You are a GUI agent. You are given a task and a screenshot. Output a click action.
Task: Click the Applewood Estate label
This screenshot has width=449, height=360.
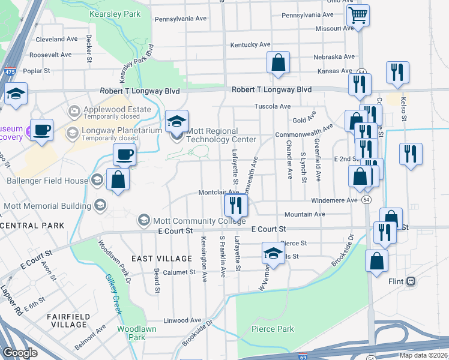pyautogui.click(x=109, y=109)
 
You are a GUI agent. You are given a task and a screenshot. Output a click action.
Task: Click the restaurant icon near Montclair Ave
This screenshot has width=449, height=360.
pyautogui.click(x=235, y=205)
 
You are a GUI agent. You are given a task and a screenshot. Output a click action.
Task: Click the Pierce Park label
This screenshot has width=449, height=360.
pyautogui.click(x=273, y=329)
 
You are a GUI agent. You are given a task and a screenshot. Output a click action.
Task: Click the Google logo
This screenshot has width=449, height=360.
pyautogui.click(x=20, y=353)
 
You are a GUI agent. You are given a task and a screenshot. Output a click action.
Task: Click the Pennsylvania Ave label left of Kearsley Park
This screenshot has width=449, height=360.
pyautogui.click(x=181, y=19)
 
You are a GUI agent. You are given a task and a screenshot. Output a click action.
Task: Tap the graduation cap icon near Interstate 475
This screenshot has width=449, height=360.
pyautogui.click(x=16, y=94)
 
